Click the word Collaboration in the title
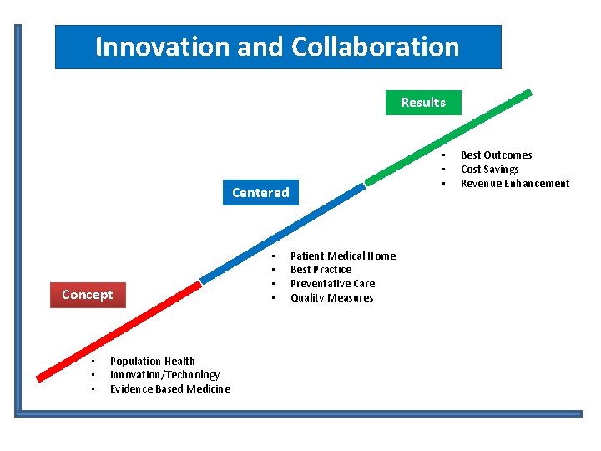tap(376, 47)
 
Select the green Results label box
tap(422, 103)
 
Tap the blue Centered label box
tap(260, 193)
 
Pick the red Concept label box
tap(87, 295)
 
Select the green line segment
tap(448, 137)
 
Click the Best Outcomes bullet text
tap(496, 155)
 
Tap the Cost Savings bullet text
tap(489, 170)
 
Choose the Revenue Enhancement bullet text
tap(515, 184)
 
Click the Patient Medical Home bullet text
tap(343, 256)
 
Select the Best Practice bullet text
tap(321, 270)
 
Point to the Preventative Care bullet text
tap(332, 284)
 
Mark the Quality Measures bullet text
tap(331, 298)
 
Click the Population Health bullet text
tap(153, 362)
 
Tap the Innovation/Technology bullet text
tap(164, 375)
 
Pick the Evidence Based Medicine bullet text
tap(170, 389)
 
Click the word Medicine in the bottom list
tap(209, 389)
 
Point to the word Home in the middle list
tap(381, 256)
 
